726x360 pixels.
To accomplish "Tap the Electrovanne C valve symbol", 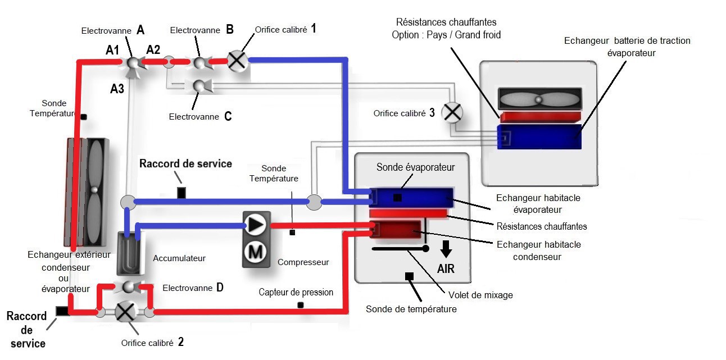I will [x=199, y=86].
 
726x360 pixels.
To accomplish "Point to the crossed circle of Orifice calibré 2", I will [x=124, y=312].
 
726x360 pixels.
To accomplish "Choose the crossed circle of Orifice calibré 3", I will [x=451, y=113].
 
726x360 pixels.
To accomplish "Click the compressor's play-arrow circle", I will [x=256, y=225].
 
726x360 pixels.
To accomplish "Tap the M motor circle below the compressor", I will [x=256, y=252].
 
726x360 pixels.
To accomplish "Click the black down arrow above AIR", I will [x=446, y=248].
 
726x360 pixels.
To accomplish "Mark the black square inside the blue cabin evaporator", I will [x=397, y=198].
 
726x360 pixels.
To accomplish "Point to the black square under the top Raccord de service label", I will [x=181, y=193].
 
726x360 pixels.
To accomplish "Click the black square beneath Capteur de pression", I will [x=301, y=305].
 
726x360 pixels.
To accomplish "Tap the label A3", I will [x=117, y=88].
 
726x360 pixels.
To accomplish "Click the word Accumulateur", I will [x=179, y=258].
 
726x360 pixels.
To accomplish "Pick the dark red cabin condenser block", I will [x=397, y=231].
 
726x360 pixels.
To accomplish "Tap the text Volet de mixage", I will [x=480, y=294].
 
